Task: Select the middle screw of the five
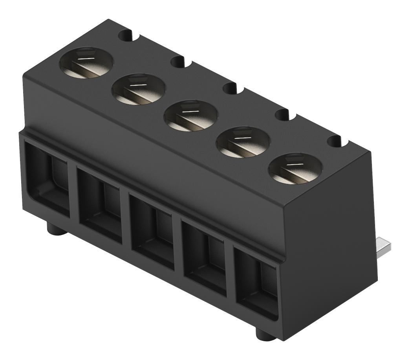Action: [x=191, y=116]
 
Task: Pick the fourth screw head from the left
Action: [x=243, y=141]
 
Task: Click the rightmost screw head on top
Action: [x=295, y=168]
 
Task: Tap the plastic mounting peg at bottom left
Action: [x=55, y=228]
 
